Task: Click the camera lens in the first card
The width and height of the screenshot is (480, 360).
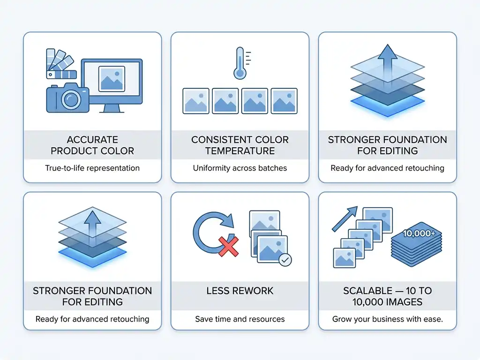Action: coord(71,99)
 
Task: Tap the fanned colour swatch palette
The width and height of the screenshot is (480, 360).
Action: coord(60,64)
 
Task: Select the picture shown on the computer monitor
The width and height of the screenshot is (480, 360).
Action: coord(112,79)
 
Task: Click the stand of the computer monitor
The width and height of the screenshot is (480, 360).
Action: coord(112,108)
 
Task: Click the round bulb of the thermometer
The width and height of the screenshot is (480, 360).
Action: coord(240,73)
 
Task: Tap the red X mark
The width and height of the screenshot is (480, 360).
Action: coord(228,246)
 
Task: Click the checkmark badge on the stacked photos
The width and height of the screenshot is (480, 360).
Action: coord(285,260)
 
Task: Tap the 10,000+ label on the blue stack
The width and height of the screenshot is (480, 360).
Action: coord(419,233)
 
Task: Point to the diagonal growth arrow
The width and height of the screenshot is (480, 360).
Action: coord(345,218)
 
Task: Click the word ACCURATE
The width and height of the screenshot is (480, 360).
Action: coord(92,140)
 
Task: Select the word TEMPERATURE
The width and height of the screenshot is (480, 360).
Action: coord(240,151)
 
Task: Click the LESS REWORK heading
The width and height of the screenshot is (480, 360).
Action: coord(240,291)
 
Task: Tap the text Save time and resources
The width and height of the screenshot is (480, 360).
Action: coord(240,319)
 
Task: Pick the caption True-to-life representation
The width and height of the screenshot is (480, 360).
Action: coord(92,168)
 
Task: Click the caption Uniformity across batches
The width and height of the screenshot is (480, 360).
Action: coord(240,168)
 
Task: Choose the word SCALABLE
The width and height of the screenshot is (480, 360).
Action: coord(367,291)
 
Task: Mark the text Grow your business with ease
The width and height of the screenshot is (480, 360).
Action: coord(388,319)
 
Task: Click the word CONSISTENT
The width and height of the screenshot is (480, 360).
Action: coord(215,140)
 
